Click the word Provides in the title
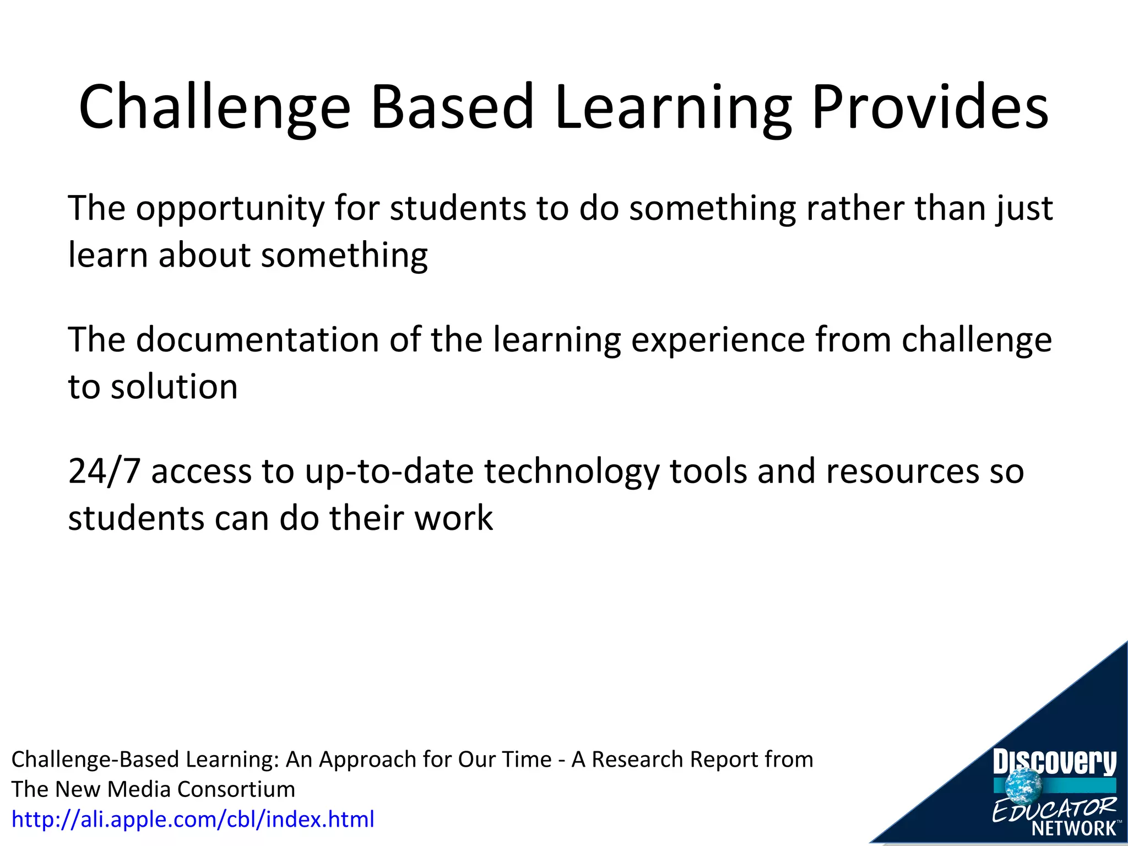click(930, 107)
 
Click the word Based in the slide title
click(452, 107)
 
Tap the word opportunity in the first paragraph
click(230, 209)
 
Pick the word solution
click(174, 387)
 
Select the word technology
click(571, 473)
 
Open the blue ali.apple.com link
click(193, 820)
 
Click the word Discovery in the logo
click(1054, 763)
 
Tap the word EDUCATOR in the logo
click(1053, 809)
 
